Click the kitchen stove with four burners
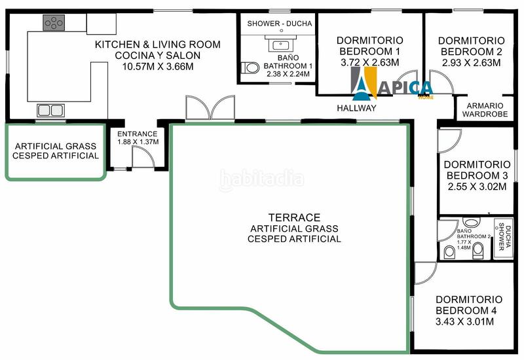pyautogui.click(x=54, y=23)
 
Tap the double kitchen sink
pyautogui.click(x=51, y=110)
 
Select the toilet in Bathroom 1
pyautogui.click(x=250, y=68)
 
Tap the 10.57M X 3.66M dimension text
pyautogui.click(x=158, y=67)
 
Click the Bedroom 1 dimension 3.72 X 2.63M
pyautogui.click(x=370, y=62)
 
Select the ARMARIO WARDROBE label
pyautogui.click(x=485, y=110)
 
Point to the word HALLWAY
pyautogui.click(x=356, y=108)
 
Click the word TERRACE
pyautogui.click(x=294, y=218)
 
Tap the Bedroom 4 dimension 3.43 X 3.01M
pyautogui.click(x=464, y=321)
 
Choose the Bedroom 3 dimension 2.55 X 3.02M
pyautogui.click(x=477, y=187)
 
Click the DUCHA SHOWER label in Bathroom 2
pyautogui.click(x=504, y=236)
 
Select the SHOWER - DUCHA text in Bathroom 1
pyautogui.click(x=280, y=24)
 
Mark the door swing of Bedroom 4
pyautogui.click(x=425, y=273)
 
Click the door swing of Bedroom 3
pyautogui.click(x=449, y=141)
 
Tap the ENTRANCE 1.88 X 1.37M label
pyautogui.click(x=138, y=137)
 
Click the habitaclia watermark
pyautogui.click(x=261, y=179)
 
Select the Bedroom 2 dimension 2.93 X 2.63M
pyautogui.click(x=471, y=63)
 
